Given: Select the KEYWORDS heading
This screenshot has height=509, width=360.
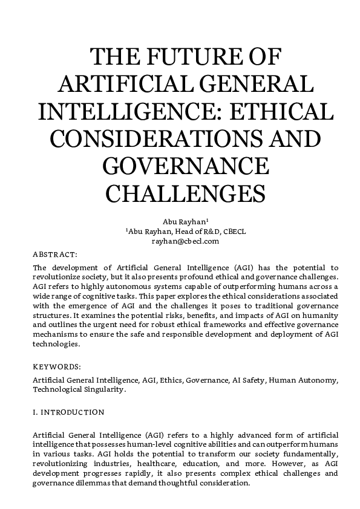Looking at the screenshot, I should (x=56, y=366).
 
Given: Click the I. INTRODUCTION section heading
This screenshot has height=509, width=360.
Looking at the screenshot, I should (x=68, y=412).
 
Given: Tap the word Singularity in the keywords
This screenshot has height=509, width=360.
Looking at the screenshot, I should (x=103, y=390).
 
